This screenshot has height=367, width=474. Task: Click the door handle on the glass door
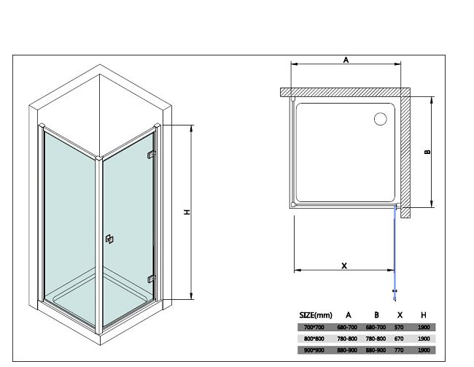pyautogui.click(x=109, y=239)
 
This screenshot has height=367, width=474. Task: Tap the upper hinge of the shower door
pyautogui.click(x=151, y=155)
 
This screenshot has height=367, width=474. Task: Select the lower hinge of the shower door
pyautogui.click(x=151, y=279)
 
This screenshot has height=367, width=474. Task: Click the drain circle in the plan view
pyautogui.click(x=380, y=119)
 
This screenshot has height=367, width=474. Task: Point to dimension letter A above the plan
pyautogui.click(x=346, y=60)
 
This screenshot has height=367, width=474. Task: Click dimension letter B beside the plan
pyautogui.click(x=427, y=152)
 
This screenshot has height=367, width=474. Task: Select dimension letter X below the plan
pyautogui.click(x=344, y=266)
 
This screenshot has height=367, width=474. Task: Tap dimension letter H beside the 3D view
pyautogui.click(x=187, y=212)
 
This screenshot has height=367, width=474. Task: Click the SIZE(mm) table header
pyautogui.click(x=316, y=315)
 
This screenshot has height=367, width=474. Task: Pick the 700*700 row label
pyautogui.click(x=314, y=328)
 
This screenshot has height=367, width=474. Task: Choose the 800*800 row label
pyautogui.click(x=314, y=339)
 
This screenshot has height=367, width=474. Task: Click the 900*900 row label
pyautogui.click(x=314, y=350)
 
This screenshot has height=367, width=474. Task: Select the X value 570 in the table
pyautogui.click(x=399, y=328)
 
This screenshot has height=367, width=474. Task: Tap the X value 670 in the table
pyautogui.click(x=399, y=339)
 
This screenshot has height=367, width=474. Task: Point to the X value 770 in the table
pyautogui.click(x=399, y=350)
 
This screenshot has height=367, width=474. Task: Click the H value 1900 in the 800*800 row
pyautogui.click(x=424, y=339)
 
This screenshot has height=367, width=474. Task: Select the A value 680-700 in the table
pyautogui.click(x=347, y=328)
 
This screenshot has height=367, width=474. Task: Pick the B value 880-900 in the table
pyautogui.click(x=376, y=350)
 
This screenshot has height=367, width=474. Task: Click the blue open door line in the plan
pyautogui.click(x=395, y=252)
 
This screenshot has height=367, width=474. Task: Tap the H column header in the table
pyautogui.click(x=424, y=315)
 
